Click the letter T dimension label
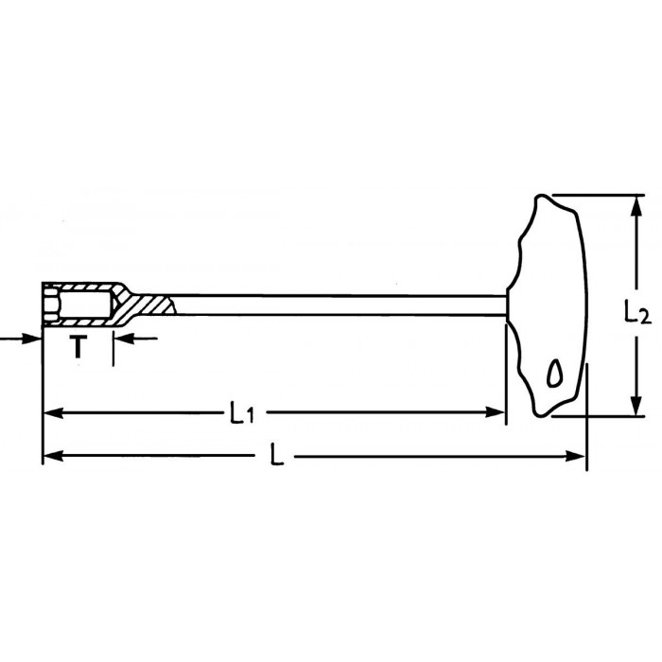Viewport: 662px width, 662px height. click(x=78, y=347)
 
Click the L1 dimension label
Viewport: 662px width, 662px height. click(x=242, y=412)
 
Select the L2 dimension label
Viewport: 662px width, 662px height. click(x=637, y=311)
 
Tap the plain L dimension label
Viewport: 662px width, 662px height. click(x=277, y=455)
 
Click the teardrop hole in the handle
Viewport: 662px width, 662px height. click(x=554, y=374)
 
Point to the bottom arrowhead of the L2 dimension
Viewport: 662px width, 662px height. click(x=636, y=406)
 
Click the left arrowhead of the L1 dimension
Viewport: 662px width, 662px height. click(x=54, y=412)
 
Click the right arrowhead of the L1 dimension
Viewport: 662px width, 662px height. click(x=495, y=412)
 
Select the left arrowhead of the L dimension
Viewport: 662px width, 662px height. click(x=54, y=456)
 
